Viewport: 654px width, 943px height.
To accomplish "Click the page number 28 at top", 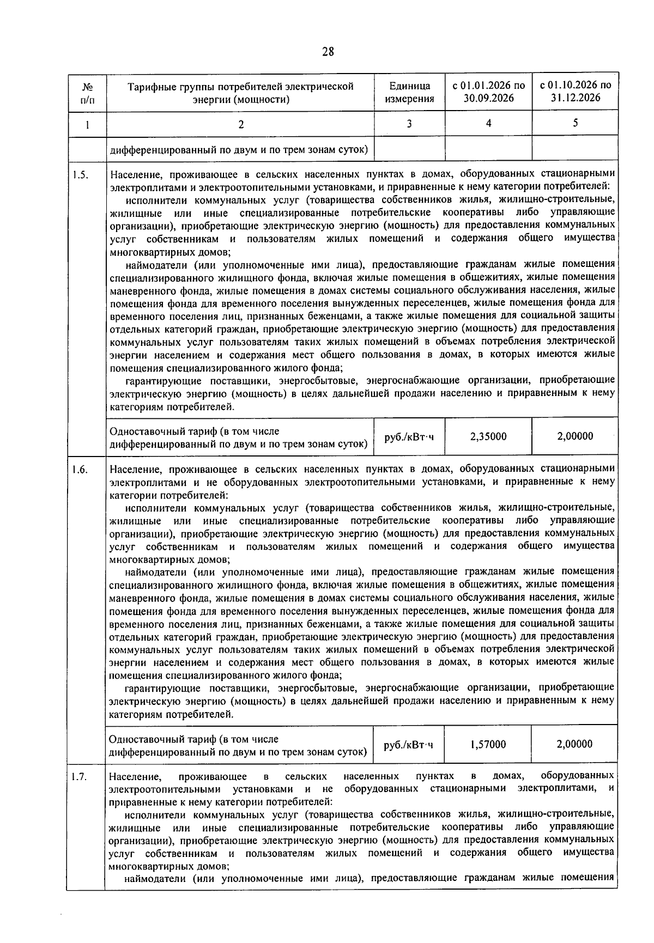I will pyautogui.click(x=328, y=52).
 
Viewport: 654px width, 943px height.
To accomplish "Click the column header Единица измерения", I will pyautogui.click(x=409, y=93).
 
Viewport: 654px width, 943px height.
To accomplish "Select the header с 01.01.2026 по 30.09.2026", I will pyautogui.click(x=488, y=92).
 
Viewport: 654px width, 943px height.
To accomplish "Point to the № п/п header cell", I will pyautogui.click(x=87, y=93).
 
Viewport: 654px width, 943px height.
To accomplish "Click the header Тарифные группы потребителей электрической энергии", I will pyautogui.click(x=240, y=93).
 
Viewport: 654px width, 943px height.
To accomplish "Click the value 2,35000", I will pyautogui.click(x=488, y=436).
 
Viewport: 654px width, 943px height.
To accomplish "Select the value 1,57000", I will pyautogui.click(x=488, y=744).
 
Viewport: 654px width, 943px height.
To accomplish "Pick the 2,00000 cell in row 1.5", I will pyautogui.click(x=575, y=436).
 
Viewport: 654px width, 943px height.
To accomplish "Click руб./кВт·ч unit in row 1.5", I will pyautogui.click(x=409, y=436).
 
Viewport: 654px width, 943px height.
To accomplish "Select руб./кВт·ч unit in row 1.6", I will pyautogui.click(x=409, y=744).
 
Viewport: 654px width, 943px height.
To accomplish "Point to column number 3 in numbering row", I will pyautogui.click(x=409, y=124).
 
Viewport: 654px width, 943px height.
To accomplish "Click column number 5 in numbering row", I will pyautogui.click(x=575, y=123).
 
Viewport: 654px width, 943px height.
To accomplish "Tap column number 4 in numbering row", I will pyautogui.click(x=488, y=123).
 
